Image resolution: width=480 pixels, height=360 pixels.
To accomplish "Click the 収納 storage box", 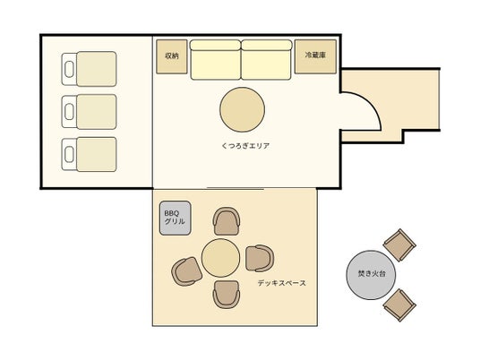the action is (x=172, y=56).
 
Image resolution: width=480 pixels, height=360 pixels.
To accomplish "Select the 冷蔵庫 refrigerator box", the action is (x=315, y=56).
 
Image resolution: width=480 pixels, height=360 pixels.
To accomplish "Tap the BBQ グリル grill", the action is (x=176, y=218).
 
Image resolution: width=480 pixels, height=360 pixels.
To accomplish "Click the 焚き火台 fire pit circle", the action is (x=371, y=275).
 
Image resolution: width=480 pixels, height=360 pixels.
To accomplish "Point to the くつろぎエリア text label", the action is (x=245, y=146).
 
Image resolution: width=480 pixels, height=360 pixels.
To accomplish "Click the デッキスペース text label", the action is (x=281, y=283).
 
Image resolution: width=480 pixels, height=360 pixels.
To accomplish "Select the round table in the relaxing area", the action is (x=242, y=109).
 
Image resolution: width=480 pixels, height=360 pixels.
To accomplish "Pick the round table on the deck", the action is (x=220, y=258).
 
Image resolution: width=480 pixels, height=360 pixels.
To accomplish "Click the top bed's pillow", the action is (x=69, y=69).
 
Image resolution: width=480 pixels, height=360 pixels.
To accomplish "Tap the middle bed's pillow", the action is (x=69, y=112).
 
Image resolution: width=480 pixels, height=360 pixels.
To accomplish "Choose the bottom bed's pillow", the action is (x=69, y=155).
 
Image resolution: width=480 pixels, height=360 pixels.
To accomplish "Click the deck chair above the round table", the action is (x=227, y=221).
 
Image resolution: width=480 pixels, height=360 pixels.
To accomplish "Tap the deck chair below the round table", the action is (x=227, y=295).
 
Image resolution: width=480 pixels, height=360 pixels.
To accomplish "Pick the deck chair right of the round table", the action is (x=260, y=259).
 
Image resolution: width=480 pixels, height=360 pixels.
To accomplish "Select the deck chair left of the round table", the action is (x=187, y=271).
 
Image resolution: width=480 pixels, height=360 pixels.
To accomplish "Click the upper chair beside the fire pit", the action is (x=399, y=244).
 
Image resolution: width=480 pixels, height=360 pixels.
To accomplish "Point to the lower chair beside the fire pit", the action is (x=399, y=304).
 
